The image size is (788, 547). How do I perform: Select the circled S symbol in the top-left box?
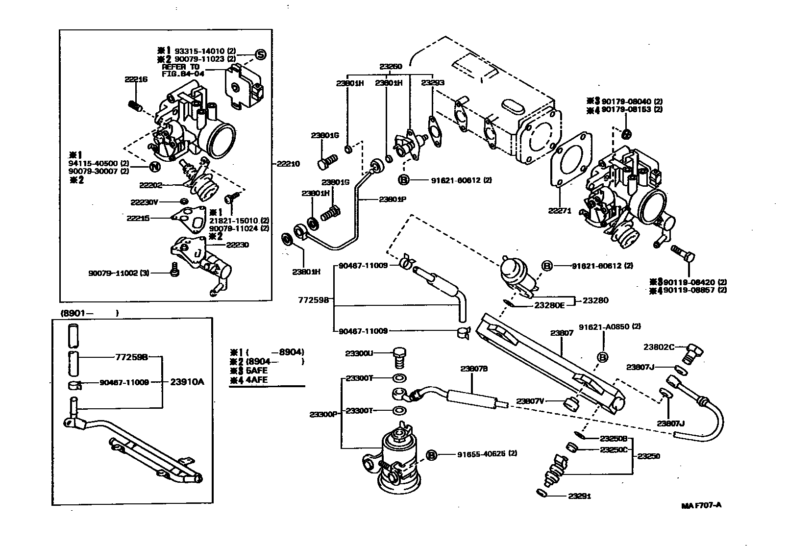click(x=260, y=54)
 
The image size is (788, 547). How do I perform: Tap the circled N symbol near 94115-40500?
click(x=154, y=167)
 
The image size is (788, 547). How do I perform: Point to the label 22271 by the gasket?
click(x=559, y=211)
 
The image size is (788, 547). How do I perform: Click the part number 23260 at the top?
click(x=390, y=66)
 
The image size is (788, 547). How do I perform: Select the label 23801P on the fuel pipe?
click(x=392, y=199)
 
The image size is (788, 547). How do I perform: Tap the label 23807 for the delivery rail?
click(x=562, y=333)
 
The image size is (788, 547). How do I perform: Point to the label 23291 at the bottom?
click(x=579, y=496)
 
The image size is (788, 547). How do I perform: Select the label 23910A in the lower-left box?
click(x=187, y=382)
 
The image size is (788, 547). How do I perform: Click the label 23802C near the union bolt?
click(x=659, y=347)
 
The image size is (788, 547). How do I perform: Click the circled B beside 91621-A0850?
click(x=603, y=357)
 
